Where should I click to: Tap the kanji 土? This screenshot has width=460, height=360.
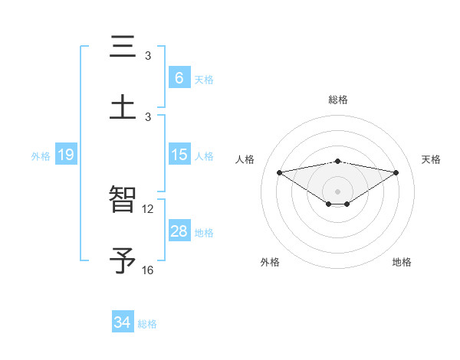tap(123, 106)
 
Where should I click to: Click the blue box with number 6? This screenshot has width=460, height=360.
tap(179, 78)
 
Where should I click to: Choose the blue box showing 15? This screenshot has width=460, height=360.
tap(179, 155)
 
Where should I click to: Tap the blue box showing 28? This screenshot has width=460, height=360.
tap(179, 231)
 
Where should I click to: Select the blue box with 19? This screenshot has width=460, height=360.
tap(65, 155)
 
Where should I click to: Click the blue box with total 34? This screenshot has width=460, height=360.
tap(122, 322)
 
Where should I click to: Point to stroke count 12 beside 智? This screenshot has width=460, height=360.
tap(148, 208)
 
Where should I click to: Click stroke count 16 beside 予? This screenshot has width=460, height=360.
tap(148, 270)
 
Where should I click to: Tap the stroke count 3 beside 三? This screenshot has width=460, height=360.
tap(148, 55)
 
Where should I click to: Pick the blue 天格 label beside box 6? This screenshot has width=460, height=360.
tap(204, 79)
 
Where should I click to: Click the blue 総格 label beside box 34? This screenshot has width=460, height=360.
tap(147, 323)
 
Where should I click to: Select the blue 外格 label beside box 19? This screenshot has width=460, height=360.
tap(41, 155)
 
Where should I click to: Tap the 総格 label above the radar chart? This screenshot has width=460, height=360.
tap(338, 100)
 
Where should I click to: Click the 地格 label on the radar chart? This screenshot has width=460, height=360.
tap(402, 263)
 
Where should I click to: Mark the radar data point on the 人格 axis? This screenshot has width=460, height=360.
tap(280, 172)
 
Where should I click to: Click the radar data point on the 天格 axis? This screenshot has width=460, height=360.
tap(396, 172)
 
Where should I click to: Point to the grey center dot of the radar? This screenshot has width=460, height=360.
tap(338, 191)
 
